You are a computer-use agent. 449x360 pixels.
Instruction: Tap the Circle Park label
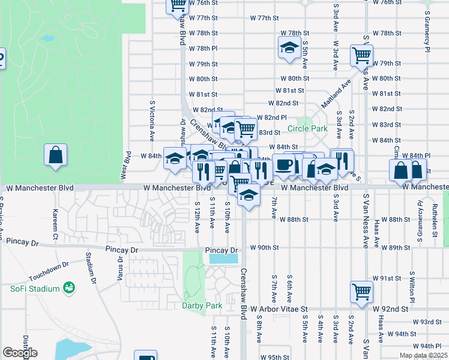307,128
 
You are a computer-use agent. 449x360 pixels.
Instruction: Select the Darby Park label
202,305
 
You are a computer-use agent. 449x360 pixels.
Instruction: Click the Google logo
20,353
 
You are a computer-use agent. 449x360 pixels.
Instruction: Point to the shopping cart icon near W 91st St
361,292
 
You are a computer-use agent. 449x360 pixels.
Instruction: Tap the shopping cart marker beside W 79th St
361,55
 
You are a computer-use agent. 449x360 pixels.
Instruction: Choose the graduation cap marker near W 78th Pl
289,48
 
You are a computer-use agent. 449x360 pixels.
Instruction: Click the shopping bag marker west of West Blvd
55,155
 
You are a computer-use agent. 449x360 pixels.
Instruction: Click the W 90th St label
264,248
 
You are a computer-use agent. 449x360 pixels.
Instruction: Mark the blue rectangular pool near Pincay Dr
223,259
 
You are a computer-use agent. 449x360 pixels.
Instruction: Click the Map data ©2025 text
423,355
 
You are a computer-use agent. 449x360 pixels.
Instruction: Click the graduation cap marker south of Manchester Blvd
249,196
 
